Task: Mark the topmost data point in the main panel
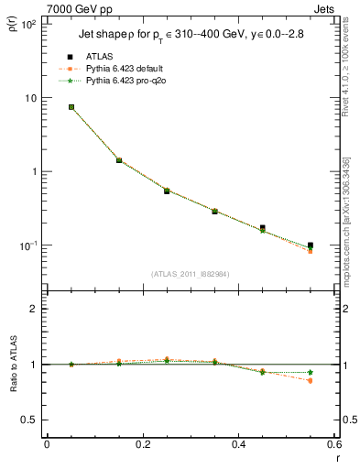(71, 107)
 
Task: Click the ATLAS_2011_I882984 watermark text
(191, 273)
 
